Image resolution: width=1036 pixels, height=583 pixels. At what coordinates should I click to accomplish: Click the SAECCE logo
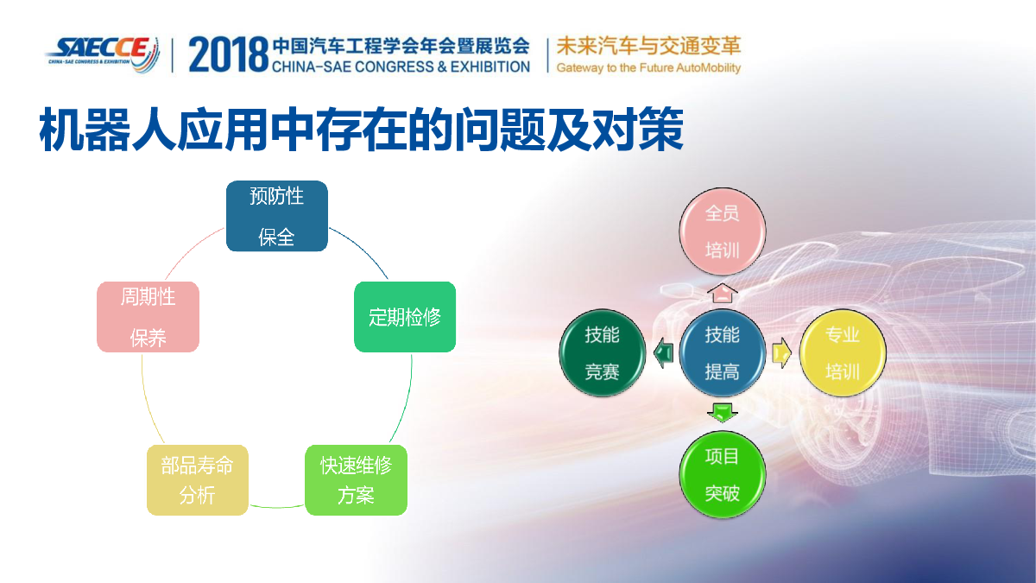coord(103,54)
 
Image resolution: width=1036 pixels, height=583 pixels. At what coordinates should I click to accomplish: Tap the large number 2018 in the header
coord(229,54)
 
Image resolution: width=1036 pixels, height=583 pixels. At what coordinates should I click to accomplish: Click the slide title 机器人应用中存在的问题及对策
coord(361,129)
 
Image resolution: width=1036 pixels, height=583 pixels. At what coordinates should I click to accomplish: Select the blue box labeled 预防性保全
coord(276,216)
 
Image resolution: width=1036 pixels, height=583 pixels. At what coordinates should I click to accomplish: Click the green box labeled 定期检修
coord(405,317)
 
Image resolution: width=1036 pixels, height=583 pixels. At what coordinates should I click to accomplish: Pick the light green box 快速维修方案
coord(356,480)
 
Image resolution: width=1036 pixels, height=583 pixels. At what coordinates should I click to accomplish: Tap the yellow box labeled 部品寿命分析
coord(198,480)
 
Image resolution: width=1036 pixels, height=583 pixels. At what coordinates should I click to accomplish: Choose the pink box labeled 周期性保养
coord(148,317)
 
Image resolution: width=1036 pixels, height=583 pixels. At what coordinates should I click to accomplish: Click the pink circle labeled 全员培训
coord(723,231)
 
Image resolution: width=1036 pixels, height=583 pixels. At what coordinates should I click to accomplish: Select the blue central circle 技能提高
coord(723,353)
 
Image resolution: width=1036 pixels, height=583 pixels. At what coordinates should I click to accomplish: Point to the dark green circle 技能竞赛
coord(603,353)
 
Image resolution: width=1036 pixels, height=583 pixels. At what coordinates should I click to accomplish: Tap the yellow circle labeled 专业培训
coord(843,353)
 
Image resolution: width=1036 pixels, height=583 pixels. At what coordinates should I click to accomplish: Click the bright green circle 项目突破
coord(723,474)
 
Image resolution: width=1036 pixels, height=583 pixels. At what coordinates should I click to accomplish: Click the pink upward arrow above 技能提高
coord(723,294)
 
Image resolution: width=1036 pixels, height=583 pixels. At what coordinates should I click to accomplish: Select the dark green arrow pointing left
coord(663,353)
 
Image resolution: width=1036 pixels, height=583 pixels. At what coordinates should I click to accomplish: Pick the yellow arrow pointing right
coord(781,353)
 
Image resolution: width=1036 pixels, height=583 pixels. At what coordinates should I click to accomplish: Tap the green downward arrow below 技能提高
coord(723,413)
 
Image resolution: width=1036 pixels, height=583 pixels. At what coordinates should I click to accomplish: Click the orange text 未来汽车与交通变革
coord(648,47)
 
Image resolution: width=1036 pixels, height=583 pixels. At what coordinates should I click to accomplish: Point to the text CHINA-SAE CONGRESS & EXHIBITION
coord(401,67)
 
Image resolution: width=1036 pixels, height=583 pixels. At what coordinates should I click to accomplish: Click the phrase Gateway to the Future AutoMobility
coord(648,68)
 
